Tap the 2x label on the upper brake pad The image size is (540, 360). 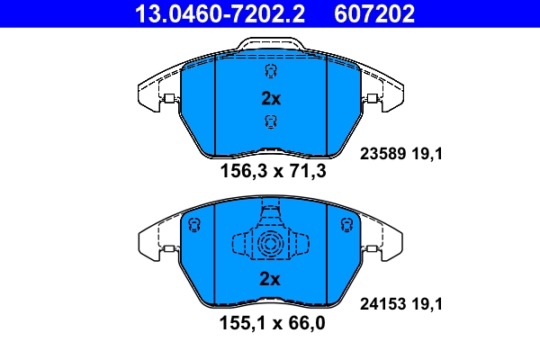coord(271,98)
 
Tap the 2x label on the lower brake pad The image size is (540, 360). coord(271,279)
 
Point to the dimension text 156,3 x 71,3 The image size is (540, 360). coord(271,170)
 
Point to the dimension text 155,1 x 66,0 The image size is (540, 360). coord(271,322)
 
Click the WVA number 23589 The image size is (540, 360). coord(382,154)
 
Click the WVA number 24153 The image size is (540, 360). coord(382,305)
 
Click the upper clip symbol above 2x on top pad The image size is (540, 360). coord(270,72)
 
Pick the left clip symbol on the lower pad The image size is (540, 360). coord(193,224)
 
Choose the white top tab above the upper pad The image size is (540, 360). coord(270,45)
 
